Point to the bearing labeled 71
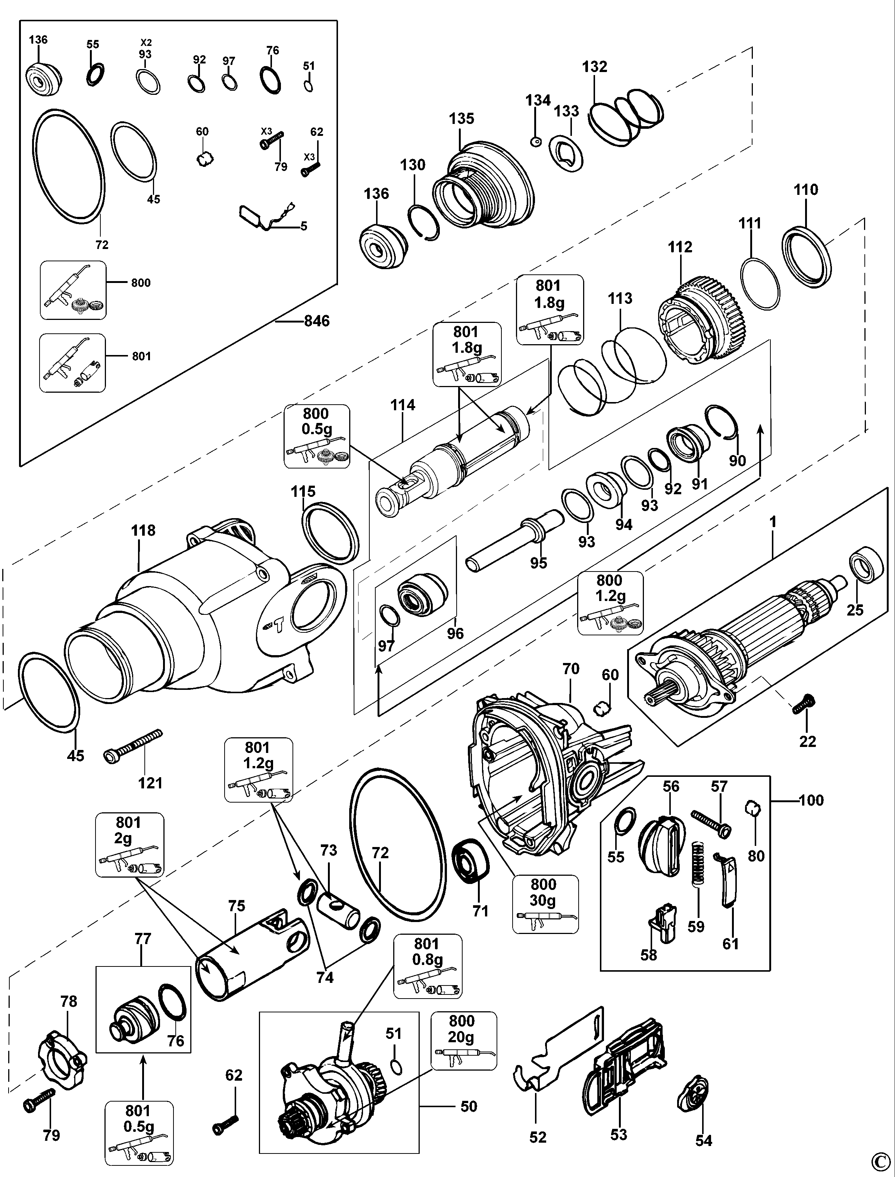[x=470, y=862]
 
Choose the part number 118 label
[x=143, y=530]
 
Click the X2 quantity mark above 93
[x=145, y=42]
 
